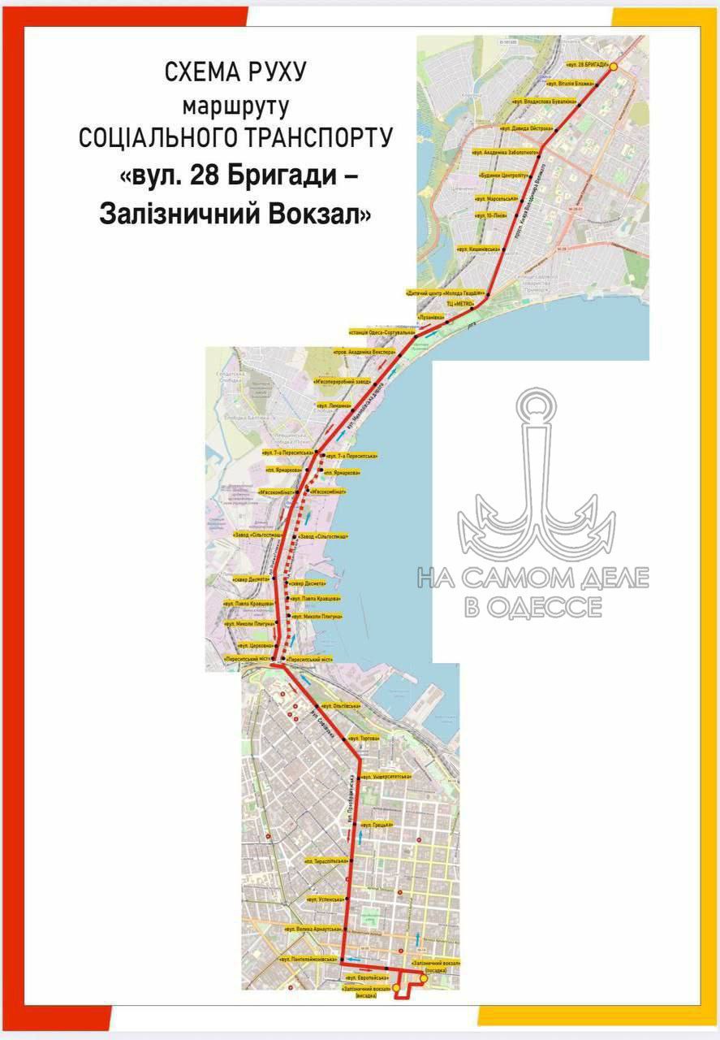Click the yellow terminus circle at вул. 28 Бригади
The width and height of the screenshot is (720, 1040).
click(x=614, y=67)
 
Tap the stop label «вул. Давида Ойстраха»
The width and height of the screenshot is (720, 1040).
click(x=527, y=128)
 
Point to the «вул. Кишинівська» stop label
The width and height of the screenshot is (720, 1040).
click(x=477, y=249)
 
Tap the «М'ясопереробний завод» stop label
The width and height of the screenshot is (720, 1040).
click(x=342, y=380)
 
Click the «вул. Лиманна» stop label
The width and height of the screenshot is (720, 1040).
click(x=334, y=405)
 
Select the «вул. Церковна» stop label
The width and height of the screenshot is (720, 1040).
click(x=254, y=644)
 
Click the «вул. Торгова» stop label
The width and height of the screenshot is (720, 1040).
click(x=364, y=739)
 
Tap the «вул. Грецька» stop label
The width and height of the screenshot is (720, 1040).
click(x=377, y=825)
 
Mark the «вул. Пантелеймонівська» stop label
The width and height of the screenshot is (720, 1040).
click(x=308, y=960)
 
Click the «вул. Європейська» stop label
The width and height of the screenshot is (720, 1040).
click(x=367, y=976)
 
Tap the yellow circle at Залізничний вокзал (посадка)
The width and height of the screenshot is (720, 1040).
click(x=424, y=979)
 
